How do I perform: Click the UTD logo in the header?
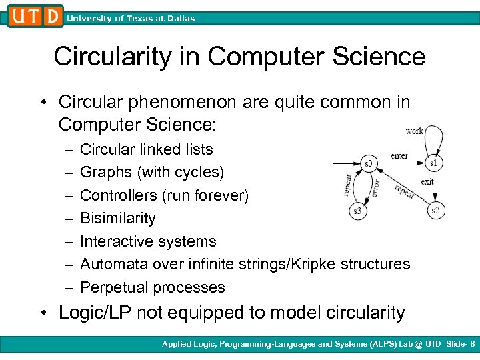click(x=35, y=16)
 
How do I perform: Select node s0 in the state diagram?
click(x=367, y=163)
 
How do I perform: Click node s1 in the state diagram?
click(x=433, y=163)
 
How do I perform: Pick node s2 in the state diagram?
click(x=436, y=211)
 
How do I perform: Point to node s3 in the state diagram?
click(x=359, y=211)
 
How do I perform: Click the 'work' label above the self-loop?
click(x=414, y=131)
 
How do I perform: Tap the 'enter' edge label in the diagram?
click(x=399, y=155)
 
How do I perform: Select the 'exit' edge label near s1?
click(x=427, y=181)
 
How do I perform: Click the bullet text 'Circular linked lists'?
click(x=146, y=149)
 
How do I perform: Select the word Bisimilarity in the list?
click(x=117, y=218)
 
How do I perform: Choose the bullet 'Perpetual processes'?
click(x=152, y=287)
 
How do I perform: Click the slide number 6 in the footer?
click(x=472, y=344)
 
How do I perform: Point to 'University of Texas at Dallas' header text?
click(x=131, y=19)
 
